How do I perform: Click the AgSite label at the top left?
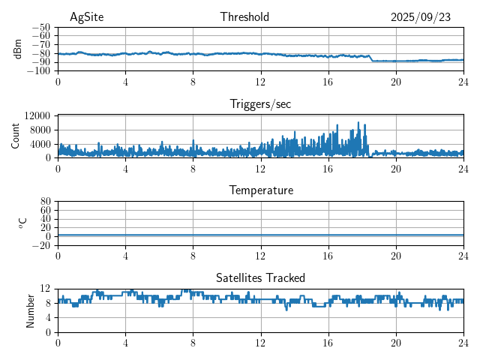click(x=86, y=17)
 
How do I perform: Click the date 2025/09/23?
click(x=420, y=17)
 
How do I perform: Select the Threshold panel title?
click(x=244, y=17)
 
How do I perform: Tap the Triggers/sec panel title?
click(x=260, y=104)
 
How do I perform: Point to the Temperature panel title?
click(x=260, y=190)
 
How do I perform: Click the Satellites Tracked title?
click(x=260, y=277)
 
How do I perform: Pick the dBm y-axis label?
click(x=18, y=49)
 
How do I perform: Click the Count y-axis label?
click(x=16, y=136)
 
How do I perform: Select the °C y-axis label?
click(x=22, y=223)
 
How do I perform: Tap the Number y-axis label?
click(x=30, y=310)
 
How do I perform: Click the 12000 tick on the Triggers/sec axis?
click(x=37, y=116)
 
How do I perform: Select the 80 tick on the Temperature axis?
click(x=46, y=202)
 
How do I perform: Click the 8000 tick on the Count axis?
click(x=40, y=130)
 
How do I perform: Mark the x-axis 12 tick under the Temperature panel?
click(x=260, y=256)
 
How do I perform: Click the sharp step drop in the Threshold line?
click(x=371, y=58)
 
